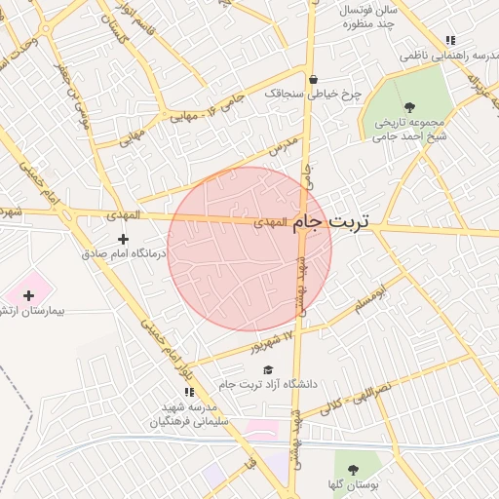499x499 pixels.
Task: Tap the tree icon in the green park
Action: pyautogui.click(x=407, y=107)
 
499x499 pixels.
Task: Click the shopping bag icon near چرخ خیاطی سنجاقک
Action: pyautogui.click(x=312, y=80)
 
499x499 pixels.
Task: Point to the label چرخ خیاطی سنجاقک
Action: pyautogui.click(x=312, y=96)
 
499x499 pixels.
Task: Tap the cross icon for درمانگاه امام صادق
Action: pyautogui.click(x=123, y=238)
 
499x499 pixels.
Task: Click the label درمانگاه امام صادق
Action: pyautogui.click(x=125, y=253)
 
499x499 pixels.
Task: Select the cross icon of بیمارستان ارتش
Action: pyautogui.click(x=28, y=294)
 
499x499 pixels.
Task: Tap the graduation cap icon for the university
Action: pyautogui.click(x=268, y=368)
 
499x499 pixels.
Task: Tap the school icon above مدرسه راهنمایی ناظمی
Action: pyautogui.click(x=449, y=40)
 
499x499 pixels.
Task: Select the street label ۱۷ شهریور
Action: pyautogui.click(x=266, y=341)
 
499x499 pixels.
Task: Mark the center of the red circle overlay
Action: pyautogui.click(x=249, y=249)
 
